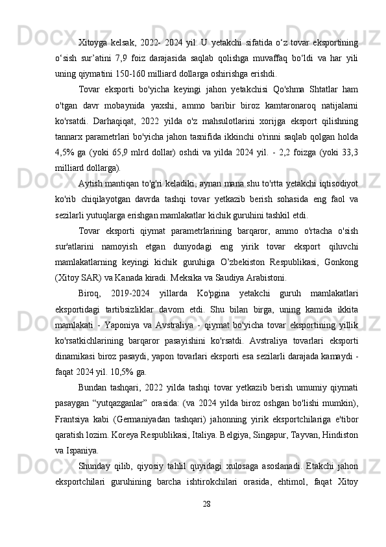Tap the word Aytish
click(91, 185)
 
